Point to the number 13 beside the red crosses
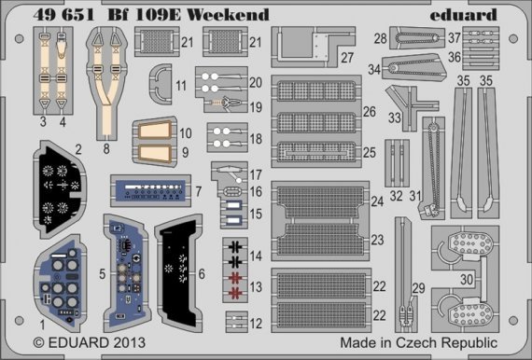pos(255,284)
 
